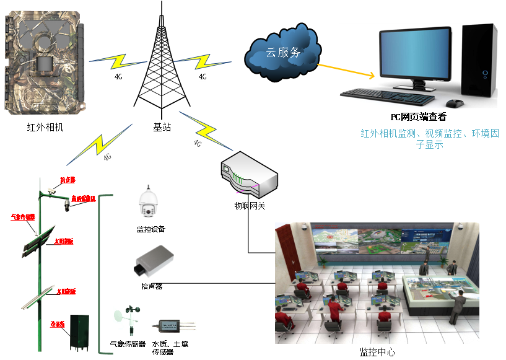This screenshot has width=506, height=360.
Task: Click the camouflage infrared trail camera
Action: pyautogui.click(x=43, y=62)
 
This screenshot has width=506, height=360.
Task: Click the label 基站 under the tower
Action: pyautogui.click(x=162, y=127)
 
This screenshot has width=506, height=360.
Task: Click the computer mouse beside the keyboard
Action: pyautogui.click(x=456, y=102)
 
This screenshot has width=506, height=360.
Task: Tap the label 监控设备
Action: pyautogui.click(x=150, y=229)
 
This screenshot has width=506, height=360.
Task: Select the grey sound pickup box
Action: pyautogui.click(x=154, y=260)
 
